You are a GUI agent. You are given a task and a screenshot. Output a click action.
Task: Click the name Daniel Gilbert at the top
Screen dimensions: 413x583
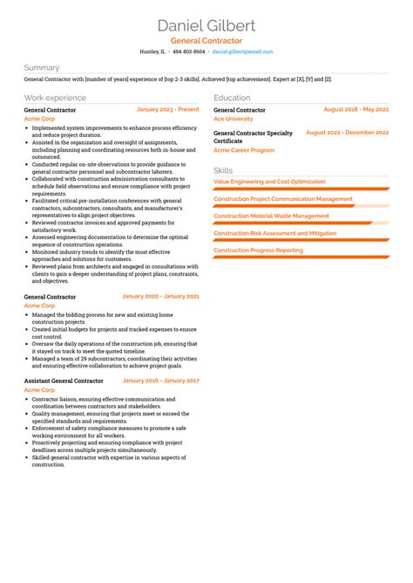206,24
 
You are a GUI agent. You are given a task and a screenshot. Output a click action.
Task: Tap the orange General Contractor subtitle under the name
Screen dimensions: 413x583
206,41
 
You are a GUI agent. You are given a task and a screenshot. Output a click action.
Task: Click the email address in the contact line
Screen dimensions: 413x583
243,51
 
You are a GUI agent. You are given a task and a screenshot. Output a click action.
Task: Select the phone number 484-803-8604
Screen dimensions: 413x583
188,51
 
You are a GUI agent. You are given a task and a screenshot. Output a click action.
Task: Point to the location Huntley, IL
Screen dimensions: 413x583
152,51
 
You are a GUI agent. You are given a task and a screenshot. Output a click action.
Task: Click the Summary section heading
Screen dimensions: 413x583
42,67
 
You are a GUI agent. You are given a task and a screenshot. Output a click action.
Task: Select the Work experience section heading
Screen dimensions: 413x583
55,98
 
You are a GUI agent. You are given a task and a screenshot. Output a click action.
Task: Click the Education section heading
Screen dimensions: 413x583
232,98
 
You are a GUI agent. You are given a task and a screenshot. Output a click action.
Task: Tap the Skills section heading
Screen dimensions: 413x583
223,170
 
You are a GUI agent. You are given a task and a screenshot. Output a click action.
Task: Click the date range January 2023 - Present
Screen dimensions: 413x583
168,110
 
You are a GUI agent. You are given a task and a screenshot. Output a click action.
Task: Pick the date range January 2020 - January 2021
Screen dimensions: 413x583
161,297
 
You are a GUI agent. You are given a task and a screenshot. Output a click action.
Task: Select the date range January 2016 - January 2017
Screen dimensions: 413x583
161,381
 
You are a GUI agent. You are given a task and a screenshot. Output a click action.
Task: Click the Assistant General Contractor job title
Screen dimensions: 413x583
64,381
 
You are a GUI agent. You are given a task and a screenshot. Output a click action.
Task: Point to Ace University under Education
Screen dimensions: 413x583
234,119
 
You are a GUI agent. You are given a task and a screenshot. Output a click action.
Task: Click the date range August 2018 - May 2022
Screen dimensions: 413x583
355,110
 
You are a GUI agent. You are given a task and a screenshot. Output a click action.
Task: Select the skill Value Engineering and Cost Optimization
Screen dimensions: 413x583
269,182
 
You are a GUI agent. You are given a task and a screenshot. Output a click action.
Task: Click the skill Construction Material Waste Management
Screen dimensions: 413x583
271,216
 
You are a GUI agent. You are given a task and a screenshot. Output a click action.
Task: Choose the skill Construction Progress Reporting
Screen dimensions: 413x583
258,250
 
